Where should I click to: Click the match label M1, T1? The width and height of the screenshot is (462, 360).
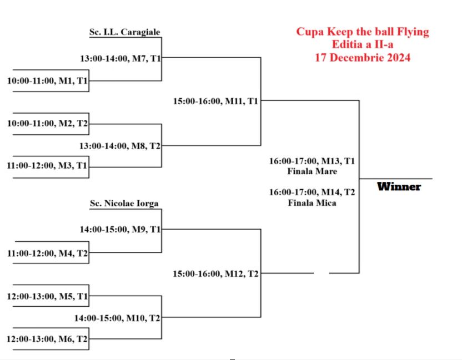coord(47,81)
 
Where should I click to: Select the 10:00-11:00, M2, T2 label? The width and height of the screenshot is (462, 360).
coord(47,124)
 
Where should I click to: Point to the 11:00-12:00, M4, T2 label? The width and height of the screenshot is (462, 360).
coord(47,253)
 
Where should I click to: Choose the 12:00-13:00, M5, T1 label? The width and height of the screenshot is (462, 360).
coord(47,296)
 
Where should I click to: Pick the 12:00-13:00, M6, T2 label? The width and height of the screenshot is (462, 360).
coord(47,338)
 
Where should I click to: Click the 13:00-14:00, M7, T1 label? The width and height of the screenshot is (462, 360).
coord(120,58)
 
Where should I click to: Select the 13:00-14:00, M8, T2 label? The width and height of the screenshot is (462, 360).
coord(120,146)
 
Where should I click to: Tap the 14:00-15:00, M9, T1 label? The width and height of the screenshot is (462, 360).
coord(120,230)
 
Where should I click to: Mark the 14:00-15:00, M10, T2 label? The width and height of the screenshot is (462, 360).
coord(118,318)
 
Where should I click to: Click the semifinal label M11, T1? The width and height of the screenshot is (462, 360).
coord(215,102)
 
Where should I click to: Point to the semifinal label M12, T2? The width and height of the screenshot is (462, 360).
coord(215,273)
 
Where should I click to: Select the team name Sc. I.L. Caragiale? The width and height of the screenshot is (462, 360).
coord(124,32)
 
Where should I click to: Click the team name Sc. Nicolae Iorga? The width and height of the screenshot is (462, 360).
coord(124,204)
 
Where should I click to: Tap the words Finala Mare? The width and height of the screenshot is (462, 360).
coord(312,171)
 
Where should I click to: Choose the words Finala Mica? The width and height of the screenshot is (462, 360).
coord(312,203)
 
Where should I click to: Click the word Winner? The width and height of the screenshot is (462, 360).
coord(399,186)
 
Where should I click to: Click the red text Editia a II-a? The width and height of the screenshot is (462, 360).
coord(363,44)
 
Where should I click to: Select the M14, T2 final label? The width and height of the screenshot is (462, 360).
coord(312,192)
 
